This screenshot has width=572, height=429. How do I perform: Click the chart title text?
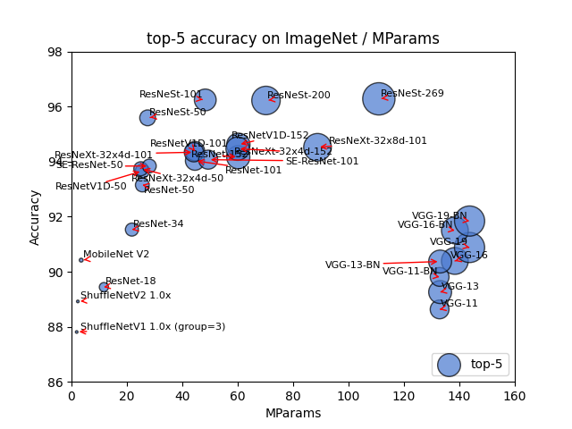coord(293,39)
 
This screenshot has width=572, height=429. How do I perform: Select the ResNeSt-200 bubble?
coord(265,100)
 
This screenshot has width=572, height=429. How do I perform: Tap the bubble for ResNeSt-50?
coord(147,118)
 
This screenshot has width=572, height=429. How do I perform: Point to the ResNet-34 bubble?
coord(131,230)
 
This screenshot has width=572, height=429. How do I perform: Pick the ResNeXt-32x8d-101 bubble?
coord(317,147)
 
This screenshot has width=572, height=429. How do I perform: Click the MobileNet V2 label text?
coord(116,255)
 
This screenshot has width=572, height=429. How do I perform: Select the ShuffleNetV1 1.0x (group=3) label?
coord(153,327)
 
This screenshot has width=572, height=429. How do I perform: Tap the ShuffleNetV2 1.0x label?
coord(125,296)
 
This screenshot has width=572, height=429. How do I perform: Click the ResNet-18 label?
coord(130,282)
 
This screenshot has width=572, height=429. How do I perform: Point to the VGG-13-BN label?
coord(352,265)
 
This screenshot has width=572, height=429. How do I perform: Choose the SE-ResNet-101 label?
coord(322,162)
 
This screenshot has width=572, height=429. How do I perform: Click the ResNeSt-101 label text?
coord(171,95)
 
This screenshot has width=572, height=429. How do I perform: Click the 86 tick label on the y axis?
coord(55,383)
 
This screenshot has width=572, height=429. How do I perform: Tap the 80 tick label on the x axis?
coord(293,396)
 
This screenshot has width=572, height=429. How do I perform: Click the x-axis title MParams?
coord(293,414)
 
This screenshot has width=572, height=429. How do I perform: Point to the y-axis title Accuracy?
coord(36,217)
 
